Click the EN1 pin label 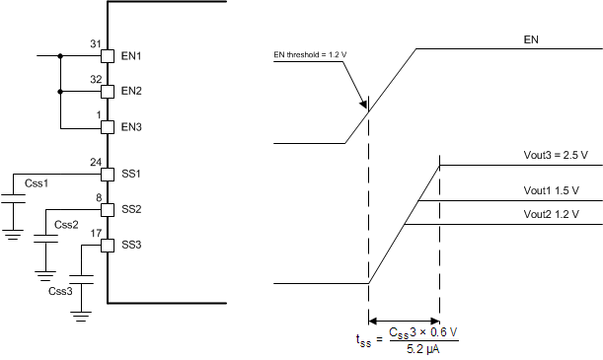131,56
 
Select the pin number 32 96,78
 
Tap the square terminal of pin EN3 108,127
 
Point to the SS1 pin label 131,175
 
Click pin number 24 96,162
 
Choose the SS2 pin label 131,210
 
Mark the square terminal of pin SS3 108,245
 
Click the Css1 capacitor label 37,184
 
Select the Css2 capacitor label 67,225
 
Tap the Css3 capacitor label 60,291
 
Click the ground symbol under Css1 13,235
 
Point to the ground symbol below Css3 81,314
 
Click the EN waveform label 537,40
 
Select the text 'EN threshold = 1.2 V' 308,55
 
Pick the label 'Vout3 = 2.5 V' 556,155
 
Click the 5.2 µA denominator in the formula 421,346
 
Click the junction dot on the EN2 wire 61,92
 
